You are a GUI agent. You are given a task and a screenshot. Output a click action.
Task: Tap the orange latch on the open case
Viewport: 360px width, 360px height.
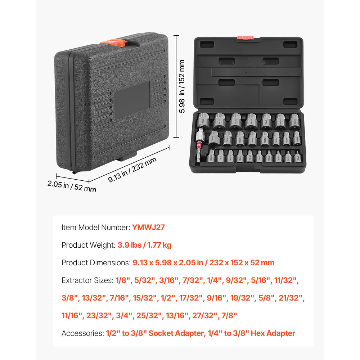(245, 37)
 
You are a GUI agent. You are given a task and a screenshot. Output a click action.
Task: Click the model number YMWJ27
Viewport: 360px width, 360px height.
(148, 227)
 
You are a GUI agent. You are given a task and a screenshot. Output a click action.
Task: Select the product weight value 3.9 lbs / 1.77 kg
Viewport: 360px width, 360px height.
(144, 245)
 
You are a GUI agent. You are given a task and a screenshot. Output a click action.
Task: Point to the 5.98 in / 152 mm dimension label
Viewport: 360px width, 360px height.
(182, 86)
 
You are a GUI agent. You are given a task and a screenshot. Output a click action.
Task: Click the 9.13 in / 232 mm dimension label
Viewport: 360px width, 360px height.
(132, 170)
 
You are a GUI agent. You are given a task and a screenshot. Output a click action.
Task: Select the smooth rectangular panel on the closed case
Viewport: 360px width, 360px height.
(132, 100)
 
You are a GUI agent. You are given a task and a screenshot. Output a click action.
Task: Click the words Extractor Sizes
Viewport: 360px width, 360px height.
(87, 280)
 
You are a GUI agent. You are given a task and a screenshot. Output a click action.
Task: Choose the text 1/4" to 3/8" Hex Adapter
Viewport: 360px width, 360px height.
(251, 333)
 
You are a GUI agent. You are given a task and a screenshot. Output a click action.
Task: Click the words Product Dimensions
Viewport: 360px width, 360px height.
(96, 263)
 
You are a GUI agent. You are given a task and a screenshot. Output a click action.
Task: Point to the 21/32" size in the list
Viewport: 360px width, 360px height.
(291, 298)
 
